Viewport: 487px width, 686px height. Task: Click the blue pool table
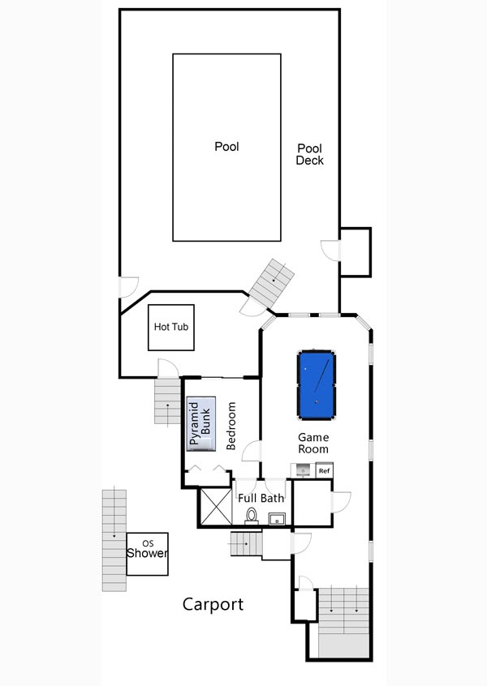pyautogui.click(x=317, y=384)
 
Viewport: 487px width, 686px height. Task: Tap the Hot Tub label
pyautogui.click(x=170, y=327)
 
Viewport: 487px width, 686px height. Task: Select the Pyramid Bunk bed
pyautogui.click(x=201, y=423)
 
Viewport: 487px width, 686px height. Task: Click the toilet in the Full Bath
pyautogui.click(x=252, y=516)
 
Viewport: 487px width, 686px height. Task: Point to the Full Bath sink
pyautogui.click(x=277, y=518)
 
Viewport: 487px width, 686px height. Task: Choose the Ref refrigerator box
pyautogui.click(x=324, y=471)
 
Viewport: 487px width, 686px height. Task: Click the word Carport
pyautogui.click(x=213, y=604)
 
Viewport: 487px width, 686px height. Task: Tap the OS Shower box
pyautogui.click(x=147, y=554)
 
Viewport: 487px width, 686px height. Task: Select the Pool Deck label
pyautogui.click(x=309, y=154)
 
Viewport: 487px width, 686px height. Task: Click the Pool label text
pyautogui.click(x=226, y=146)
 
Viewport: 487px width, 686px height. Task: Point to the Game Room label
pyautogui.click(x=313, y=444)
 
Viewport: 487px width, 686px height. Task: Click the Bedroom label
pyautogui.click(x=231, y=426)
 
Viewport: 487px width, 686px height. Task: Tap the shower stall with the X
pyautogui.click(x=216, y=506)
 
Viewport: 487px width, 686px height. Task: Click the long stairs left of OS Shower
pyautogui.click(x=114, y=540)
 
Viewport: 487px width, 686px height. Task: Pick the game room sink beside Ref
pyautogui.click(x=303, y=471)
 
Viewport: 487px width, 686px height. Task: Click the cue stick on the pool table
pyautogui.click(x=322, y=376)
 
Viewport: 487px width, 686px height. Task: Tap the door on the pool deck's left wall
pyautogui.click(x=129, y=287)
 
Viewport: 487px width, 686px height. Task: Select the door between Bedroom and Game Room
pyautogui.click(x=252, y=451)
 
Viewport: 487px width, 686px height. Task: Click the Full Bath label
pyautogui.click(x=261, y=498)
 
